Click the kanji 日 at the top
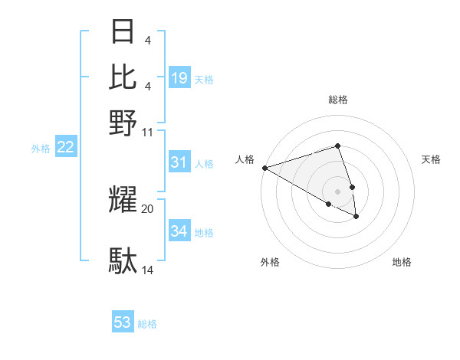pos(123,33)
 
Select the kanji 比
pos(123,76)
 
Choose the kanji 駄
pos(123,261)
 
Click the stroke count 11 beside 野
pos(148,132)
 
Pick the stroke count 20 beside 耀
pos(148,208)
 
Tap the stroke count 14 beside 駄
pos(148,270)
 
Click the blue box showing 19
pos(179,78)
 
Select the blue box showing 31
pos(179,162)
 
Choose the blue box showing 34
pos(179,231)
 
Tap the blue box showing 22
pos(66,148)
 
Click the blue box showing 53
pos(123,322)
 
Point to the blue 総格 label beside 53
pos(147,324)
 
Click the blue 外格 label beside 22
pos(41,149)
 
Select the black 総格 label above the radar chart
pos(337,100)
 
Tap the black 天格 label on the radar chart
pos(431,159)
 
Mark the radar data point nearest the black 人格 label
pos(264,168)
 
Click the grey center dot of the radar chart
pos(337,191)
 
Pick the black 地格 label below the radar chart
pos(402,262)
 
